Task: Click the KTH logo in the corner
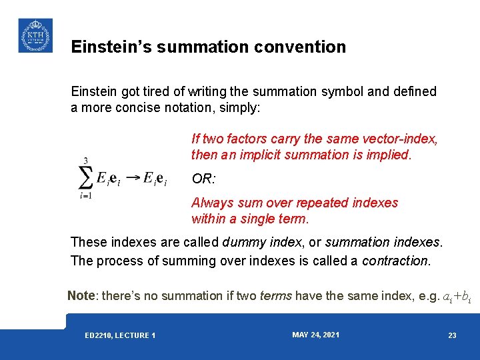(35, 35)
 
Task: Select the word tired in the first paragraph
(166, 91)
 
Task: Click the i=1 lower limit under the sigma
(86, 196)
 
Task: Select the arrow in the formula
(133, 178)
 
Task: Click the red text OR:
(203, 179)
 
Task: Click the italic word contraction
(395, 261)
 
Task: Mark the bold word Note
(81, 295)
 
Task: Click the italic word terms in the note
(275, 295)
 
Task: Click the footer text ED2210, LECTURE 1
(120, 335)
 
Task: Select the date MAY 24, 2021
(315, 335)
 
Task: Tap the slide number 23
(452, 335)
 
